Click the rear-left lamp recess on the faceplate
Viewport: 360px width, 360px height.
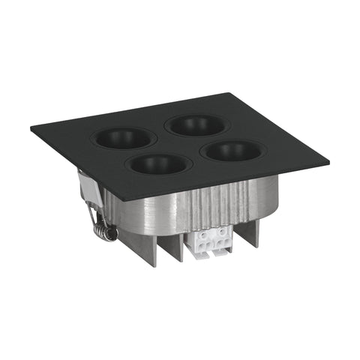(123, 138)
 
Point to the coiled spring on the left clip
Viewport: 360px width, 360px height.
(106, 229)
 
